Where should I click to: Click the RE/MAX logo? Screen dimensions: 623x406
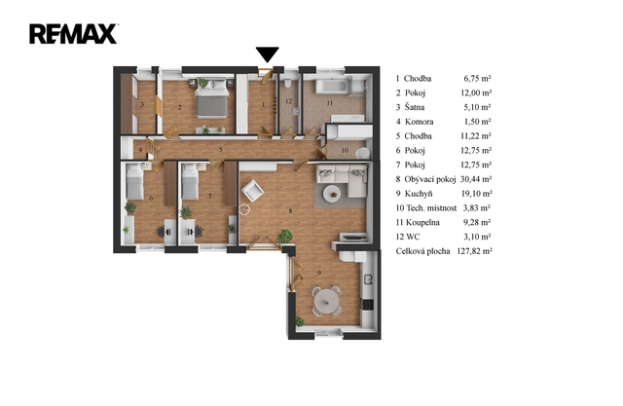[x=73, y=34]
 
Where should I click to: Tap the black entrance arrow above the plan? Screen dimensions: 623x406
[x=267, y=55]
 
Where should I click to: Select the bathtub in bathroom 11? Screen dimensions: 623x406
[x=333, y=87]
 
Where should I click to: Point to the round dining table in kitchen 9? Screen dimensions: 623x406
[x=327, y=302]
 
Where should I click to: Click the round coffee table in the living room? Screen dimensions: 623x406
[x=332, y=195]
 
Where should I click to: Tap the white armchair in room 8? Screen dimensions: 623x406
[x=252, y=191]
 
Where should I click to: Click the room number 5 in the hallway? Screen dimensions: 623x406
[x=221, y=150]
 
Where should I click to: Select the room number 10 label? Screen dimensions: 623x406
[x=345, y=150]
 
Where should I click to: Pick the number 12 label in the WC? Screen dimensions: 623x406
[x=288, y=101]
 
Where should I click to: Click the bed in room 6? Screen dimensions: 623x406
[x=134, y=181]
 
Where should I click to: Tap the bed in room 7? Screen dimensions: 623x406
[x=190, y=181]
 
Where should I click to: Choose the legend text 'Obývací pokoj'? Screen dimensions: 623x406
[x=430, y=179]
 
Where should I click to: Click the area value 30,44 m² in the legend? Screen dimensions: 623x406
[x=476, y=179]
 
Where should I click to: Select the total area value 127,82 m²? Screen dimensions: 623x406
[x=474, y=251]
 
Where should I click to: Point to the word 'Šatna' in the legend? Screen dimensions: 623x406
[x=415, y=107]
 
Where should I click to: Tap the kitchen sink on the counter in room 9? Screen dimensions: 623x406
[x=368, y=279]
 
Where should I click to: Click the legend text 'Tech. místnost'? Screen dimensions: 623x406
[x=431, y=207]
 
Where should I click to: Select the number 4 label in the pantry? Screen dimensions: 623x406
[x=140, y=150]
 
